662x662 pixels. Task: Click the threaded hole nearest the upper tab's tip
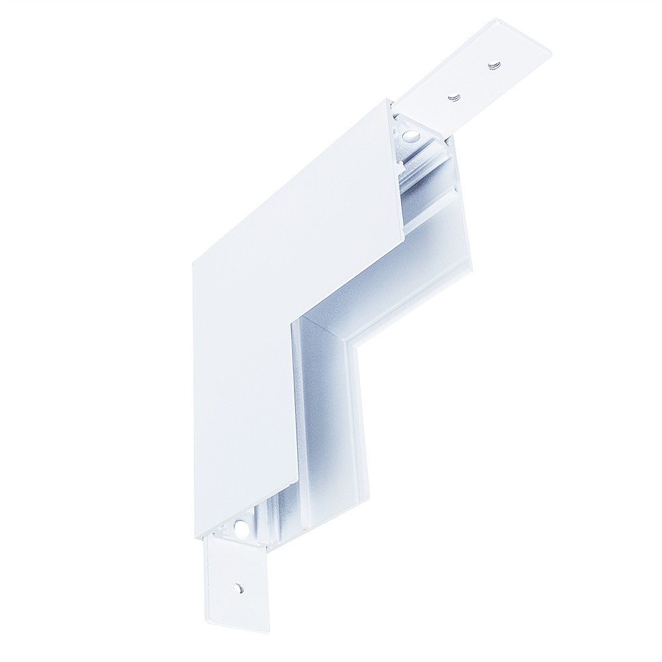(493, 65)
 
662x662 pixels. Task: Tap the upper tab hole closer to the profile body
(453, 98)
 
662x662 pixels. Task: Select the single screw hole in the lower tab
(238, 587)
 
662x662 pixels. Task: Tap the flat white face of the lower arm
(242, 410)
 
